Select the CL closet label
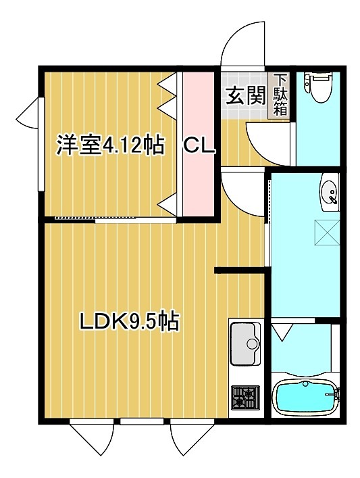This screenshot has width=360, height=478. tap(199, 145)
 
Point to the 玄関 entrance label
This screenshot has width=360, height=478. tap(244, 97)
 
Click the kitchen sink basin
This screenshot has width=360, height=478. tap(245, 343)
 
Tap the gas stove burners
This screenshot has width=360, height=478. tap(245, 396)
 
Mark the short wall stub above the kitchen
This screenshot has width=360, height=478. tap(240, 272)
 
